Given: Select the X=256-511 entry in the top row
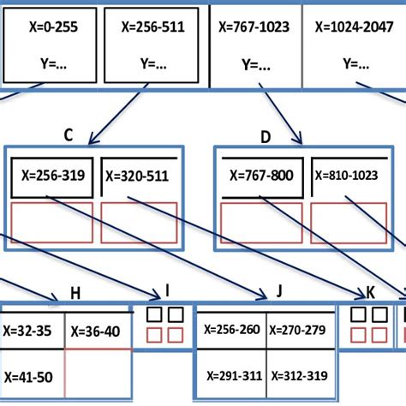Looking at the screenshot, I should point(150,27).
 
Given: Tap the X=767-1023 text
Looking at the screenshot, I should point(254,27).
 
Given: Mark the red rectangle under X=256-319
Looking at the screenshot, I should point(51,223).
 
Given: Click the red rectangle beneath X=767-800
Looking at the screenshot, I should point(260,223).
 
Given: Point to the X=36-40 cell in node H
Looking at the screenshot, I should point(98,331).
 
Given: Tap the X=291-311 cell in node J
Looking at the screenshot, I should point(231,375).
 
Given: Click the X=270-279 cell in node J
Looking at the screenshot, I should point(299,328).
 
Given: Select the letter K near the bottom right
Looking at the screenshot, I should point(370,293).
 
